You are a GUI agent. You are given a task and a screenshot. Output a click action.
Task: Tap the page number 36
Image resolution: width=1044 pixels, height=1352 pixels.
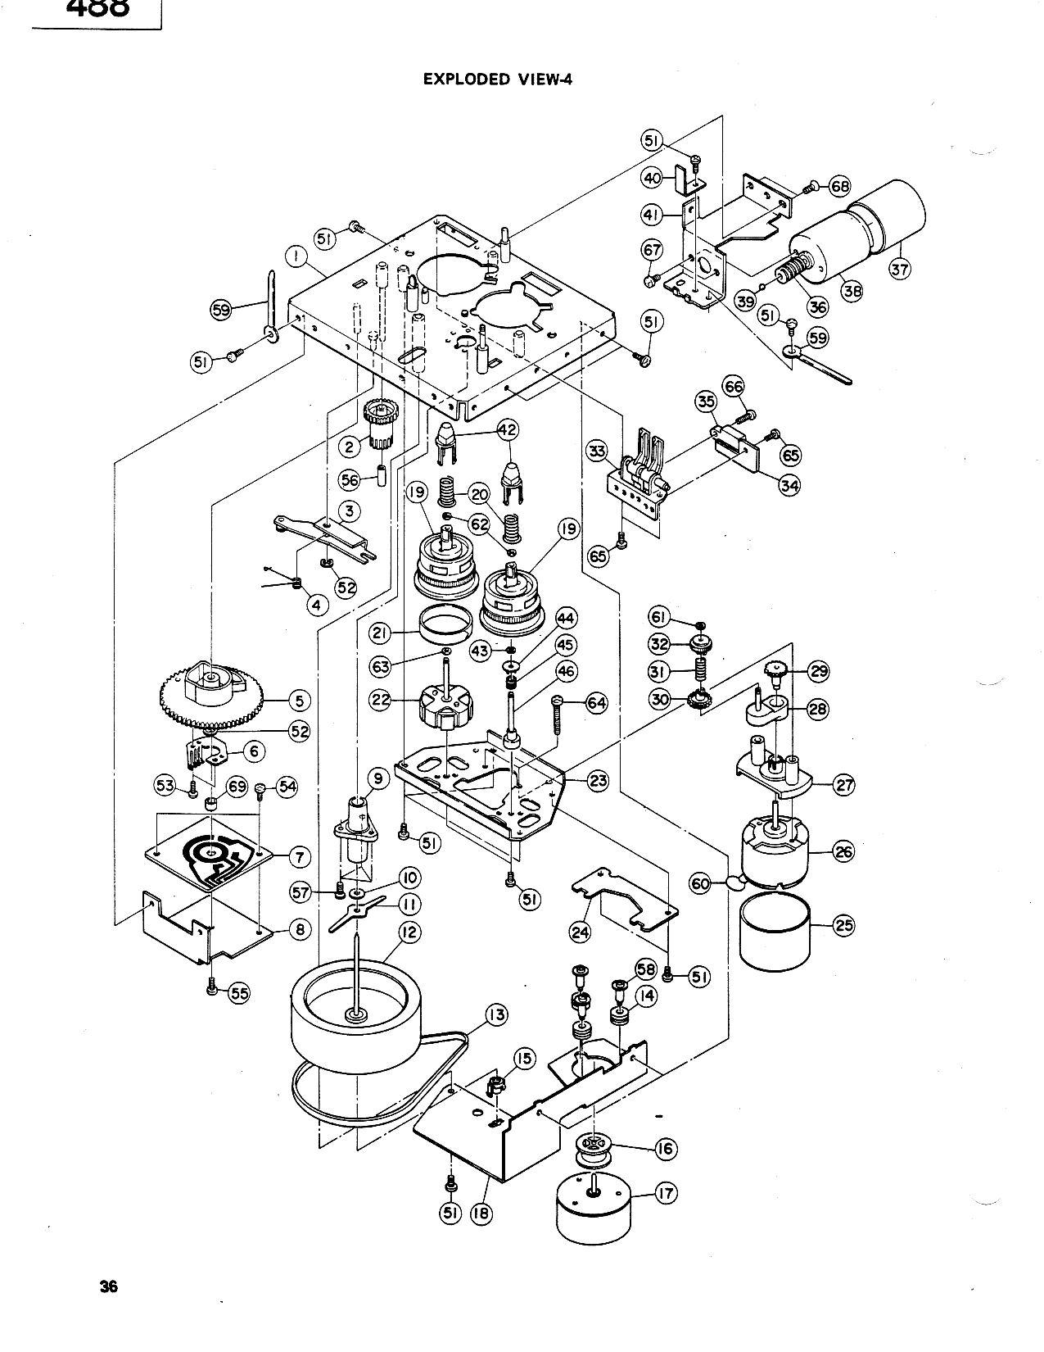click(x=109, y=1286)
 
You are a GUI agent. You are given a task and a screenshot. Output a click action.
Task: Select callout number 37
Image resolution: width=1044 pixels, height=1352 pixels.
click(x=900, y=269)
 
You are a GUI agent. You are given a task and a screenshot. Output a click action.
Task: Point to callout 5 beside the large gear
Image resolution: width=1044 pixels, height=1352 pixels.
click(x=299, y=701)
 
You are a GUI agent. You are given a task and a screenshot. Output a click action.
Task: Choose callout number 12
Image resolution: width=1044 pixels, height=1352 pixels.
click(x=409, y=932)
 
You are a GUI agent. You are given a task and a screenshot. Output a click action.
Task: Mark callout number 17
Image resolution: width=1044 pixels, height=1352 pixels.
click(x=667, y=1194)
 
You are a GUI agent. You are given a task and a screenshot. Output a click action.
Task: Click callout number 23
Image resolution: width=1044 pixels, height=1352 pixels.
click(x=598, y=780)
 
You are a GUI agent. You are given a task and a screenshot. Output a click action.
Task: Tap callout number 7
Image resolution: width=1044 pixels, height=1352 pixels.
click(x=300, y=857)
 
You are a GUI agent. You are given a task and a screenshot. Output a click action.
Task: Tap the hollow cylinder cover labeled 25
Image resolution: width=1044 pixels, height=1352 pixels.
click(x=775, y=930)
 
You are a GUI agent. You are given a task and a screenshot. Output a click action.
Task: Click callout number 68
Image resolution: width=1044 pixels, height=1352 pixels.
click(x=839, y=186)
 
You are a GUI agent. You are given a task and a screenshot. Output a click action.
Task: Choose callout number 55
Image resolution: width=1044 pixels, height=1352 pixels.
click(x=240, y=993)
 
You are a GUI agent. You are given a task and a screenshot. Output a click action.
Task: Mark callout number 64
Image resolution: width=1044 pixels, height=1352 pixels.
click(x=597, y=703)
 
